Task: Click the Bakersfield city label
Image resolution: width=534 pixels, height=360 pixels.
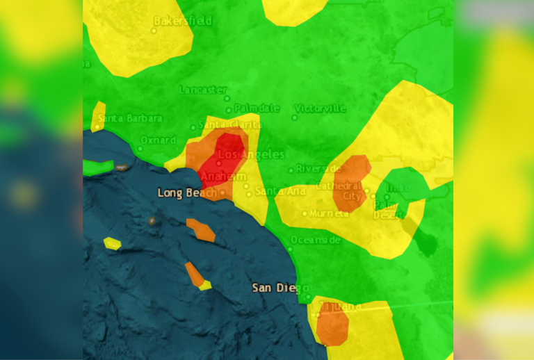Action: [x=182, y=22]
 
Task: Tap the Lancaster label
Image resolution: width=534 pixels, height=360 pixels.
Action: [x=203, y=90]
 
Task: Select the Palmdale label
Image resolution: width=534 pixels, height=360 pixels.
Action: [x=257, y=108]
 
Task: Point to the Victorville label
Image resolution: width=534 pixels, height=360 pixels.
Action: [x=320, y=108]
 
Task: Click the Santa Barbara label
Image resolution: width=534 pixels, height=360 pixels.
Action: [x=130, y=119]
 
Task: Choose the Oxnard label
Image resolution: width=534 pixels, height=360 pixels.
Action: [x=158, y=140]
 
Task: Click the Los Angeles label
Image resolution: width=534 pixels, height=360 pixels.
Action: [x=242, y=154]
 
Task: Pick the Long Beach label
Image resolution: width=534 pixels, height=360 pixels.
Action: [x=187, y=193]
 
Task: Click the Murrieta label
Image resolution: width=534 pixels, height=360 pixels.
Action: [x=329, y=213]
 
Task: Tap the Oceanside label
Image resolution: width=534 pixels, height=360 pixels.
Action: [x=315, y=240]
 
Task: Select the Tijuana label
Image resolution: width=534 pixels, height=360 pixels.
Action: [x=341, y=306]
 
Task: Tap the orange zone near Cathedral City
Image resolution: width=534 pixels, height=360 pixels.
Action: [x=353, y=182]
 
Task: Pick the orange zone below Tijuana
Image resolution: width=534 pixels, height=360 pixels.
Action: [x=333, y=327]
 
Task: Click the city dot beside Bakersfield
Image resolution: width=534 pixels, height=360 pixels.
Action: [x=154, y=30]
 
